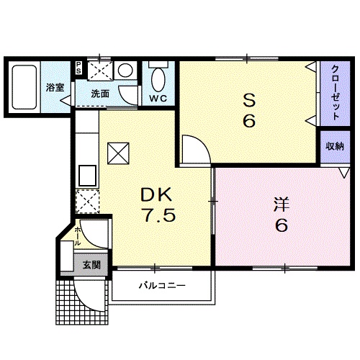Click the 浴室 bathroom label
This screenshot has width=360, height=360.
55,88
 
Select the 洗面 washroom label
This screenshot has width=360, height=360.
100,94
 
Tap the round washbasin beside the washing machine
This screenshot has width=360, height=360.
125,71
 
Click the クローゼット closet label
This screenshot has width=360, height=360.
335,91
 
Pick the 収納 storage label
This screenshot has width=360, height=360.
334,147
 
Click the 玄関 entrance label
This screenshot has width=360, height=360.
91,264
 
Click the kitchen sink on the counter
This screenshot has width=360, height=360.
88,175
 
